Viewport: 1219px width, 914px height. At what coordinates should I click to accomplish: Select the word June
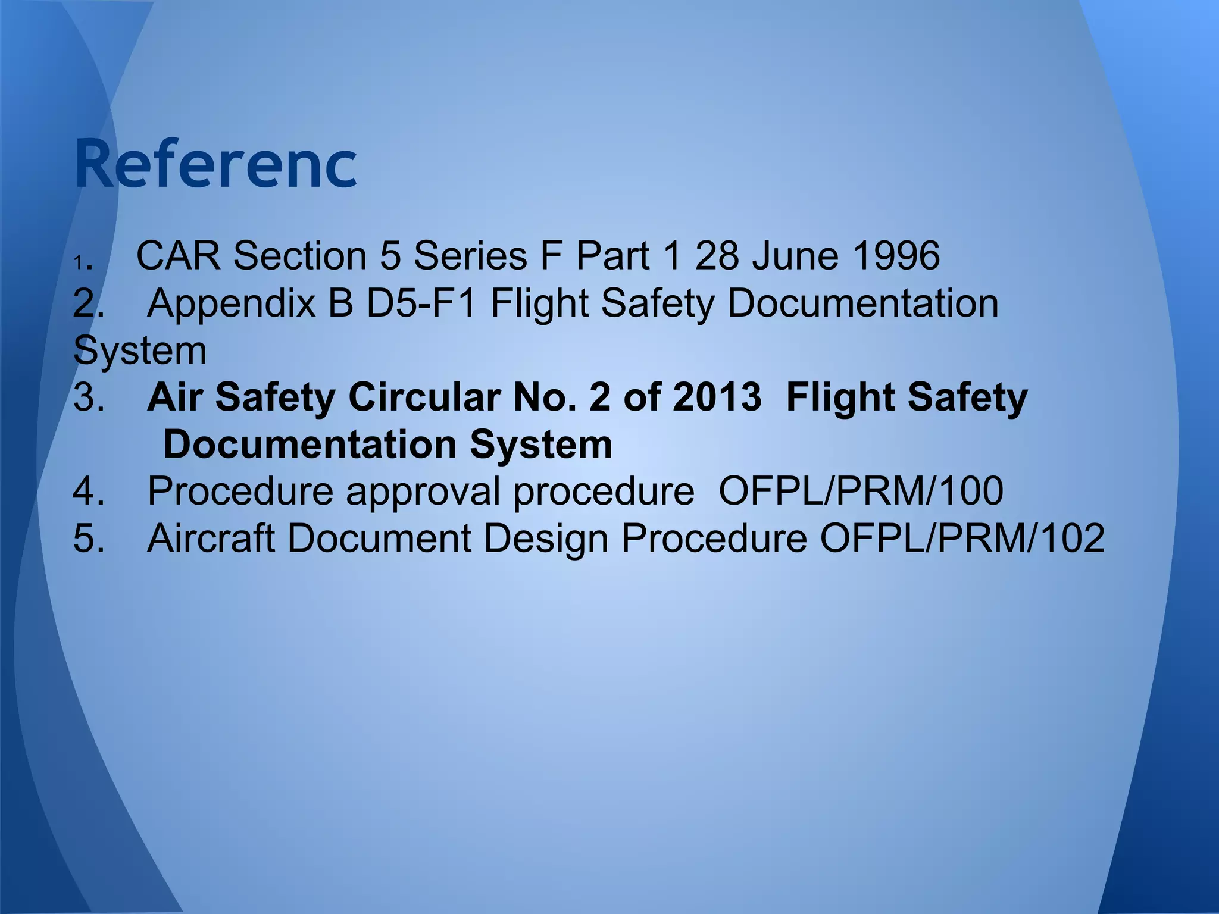(795, 256)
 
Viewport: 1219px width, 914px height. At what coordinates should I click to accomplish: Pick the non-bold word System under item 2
(140, 351)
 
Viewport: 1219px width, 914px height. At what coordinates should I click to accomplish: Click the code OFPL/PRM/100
(861, 491)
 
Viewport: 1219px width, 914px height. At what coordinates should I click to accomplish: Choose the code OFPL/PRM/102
(962, 538)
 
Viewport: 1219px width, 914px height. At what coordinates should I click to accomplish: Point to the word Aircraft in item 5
(211, 538)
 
